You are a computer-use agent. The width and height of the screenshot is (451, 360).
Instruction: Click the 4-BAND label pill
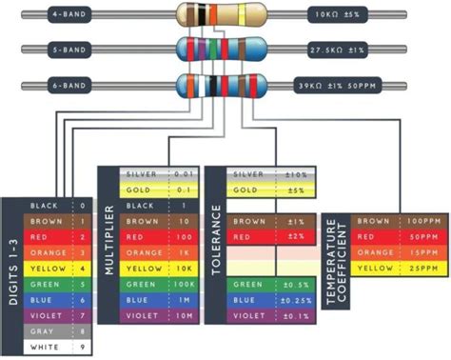pyautogui.click(x=70, y=16)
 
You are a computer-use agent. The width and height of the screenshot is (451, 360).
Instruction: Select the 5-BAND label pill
pyautogui.click(x=70, y=50)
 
